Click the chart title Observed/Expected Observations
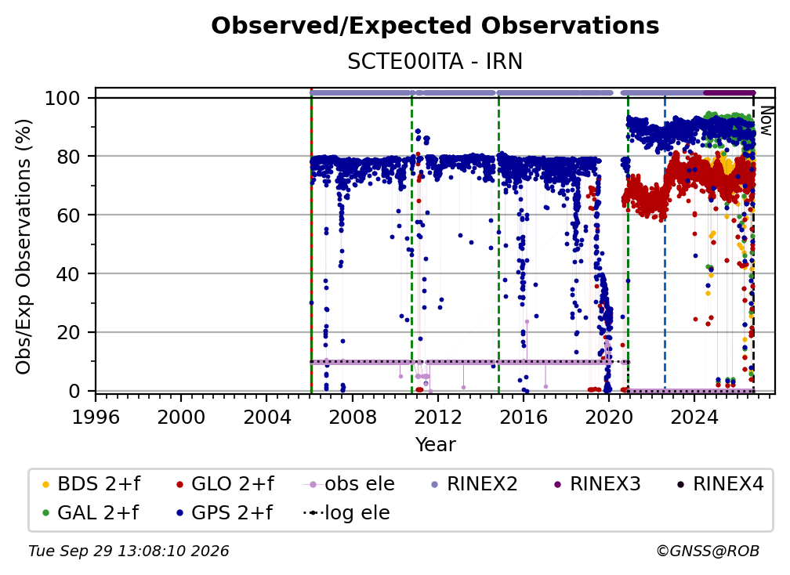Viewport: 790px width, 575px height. pos(435,26)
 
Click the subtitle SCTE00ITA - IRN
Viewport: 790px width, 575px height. pos(435,61)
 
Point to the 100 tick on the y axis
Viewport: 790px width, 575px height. pos(63,98)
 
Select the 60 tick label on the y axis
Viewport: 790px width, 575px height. pos(69,215)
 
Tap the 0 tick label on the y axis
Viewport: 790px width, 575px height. pos(74,391)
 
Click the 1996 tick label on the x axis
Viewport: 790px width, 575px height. pos(96,418)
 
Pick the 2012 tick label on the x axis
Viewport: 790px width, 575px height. pos(438,418)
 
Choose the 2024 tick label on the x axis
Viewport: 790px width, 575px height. pos(694,418)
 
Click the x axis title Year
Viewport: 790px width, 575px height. pos(435,445)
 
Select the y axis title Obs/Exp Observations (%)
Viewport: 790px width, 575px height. pos(24,247)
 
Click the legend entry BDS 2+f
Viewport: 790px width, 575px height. pos(92,484)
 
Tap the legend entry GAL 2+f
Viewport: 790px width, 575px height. pos(91,513)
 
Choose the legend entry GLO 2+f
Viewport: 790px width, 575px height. pos(225,484)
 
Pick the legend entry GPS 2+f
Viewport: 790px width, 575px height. pos(224,513)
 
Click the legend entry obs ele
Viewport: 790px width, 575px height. pos(350,484)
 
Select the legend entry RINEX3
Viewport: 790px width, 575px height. pos(597,484)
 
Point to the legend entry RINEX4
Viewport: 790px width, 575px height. pos(720,484)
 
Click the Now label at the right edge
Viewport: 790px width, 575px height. pos(766,121)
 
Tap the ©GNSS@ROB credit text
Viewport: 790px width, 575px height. pos(708,551)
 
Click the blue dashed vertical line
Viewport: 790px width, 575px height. pos(665,244)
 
